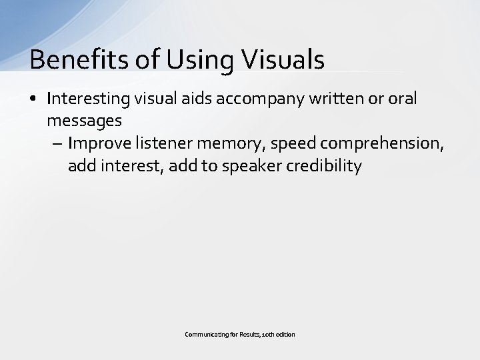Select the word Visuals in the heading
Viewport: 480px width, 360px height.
tap(283, 59)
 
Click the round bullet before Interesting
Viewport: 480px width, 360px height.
tap(34, 99)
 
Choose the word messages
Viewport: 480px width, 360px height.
tap(84, 121)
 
